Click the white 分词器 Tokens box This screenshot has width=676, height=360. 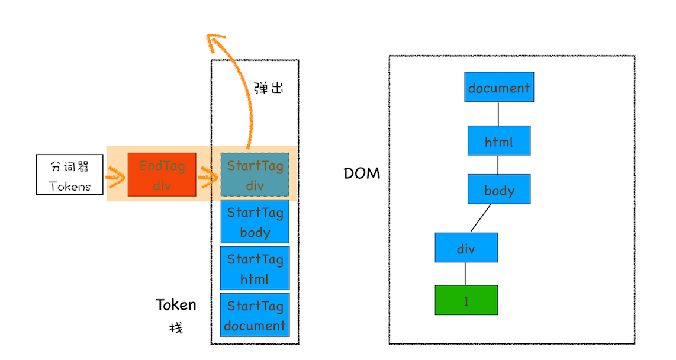coord(70,175)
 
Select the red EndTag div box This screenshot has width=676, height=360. coord(162,175)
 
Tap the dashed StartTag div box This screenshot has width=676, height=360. coord(255,175)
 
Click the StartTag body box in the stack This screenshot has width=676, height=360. coord(255,221)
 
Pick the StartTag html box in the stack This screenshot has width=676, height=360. coord(255,268)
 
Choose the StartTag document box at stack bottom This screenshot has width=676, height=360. coord(255,315)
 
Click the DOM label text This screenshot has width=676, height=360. coord(362,174)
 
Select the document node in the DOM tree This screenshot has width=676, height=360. coord(499,87)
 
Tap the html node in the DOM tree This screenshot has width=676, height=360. coord(499,141)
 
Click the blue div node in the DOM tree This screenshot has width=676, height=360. coord(466,247)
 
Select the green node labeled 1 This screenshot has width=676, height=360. coord(466,300)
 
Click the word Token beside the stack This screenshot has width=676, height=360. coord(176,305)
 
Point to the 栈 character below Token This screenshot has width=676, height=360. coord(176,327)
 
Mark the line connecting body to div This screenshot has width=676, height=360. coord(481,218)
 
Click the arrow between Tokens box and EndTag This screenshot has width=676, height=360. coord(116,176)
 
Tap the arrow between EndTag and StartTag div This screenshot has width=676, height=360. coord(208,176)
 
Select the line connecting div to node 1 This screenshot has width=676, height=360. coord(465,274)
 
